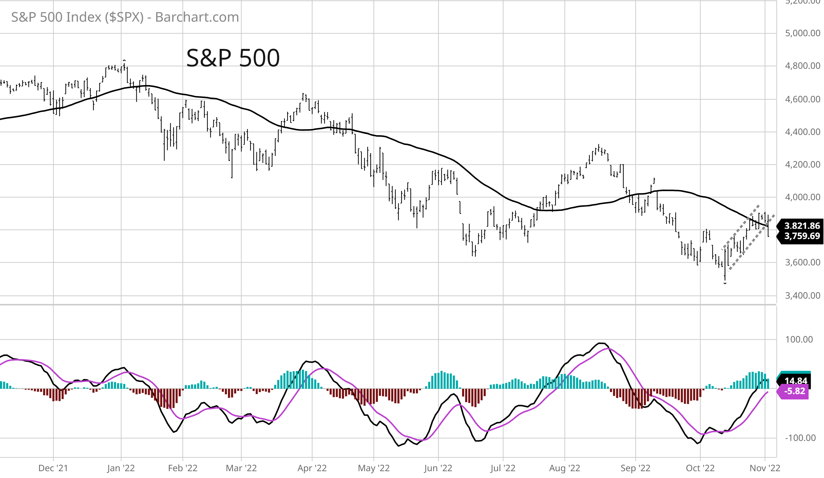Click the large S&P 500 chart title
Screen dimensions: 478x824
233,58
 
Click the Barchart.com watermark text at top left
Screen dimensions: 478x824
125,17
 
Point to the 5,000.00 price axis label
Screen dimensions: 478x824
802,33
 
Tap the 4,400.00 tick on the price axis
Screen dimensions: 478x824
802,132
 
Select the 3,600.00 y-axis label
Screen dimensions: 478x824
802,262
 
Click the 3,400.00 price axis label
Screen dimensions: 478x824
802,296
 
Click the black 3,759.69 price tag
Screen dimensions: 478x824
801,236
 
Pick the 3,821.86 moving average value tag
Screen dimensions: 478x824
801,226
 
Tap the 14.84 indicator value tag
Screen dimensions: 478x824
796,381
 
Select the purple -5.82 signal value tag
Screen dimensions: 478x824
794,391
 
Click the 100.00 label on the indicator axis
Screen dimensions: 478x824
798,340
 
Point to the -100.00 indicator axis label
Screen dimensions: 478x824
800,438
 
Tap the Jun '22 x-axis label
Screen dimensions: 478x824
438,468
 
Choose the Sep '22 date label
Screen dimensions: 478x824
635,468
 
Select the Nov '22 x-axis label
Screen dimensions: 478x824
765,468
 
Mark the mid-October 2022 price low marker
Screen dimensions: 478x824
725,283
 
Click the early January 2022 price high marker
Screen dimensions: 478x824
124,61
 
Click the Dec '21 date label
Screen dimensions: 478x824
53,468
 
